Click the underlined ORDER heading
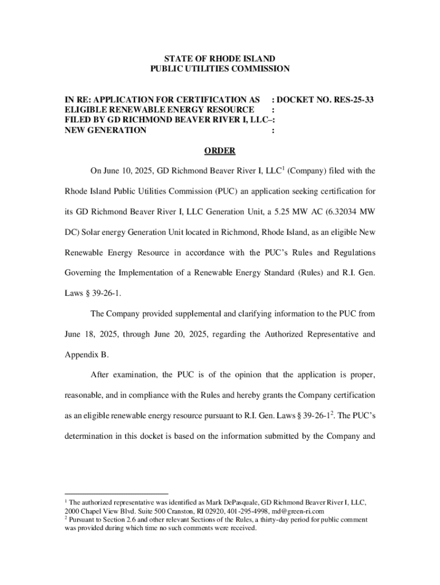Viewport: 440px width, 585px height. click(220, 151)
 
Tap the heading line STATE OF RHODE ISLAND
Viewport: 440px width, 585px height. click(220, 59)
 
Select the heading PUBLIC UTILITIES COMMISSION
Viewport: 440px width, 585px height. click(220, 69)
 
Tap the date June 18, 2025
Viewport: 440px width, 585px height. click(87, 334)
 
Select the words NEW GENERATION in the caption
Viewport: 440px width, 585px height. click(105, 130)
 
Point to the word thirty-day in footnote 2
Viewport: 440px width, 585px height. click(280, 520)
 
